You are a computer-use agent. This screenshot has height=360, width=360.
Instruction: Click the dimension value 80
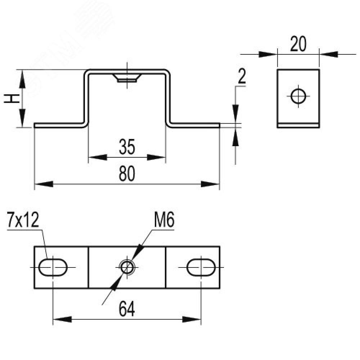[x=127, y=174]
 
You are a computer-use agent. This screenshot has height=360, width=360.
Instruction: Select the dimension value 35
[x=127, y=148]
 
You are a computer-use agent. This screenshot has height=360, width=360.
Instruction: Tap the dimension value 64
[x=127, y=309]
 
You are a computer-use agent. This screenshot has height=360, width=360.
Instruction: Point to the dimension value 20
[x=298, y=44]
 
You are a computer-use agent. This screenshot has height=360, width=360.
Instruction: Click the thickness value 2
[x=242, y=77]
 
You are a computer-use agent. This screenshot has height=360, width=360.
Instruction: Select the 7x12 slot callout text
[x=22, y=220]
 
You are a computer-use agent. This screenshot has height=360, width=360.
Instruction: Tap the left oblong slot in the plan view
[x=53, y=267]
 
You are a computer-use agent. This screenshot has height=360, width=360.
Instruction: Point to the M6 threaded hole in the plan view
[x=127, y=267]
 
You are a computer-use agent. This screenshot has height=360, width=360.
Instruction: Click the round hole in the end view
[x=298, y=96]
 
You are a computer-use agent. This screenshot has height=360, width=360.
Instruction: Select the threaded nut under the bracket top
[x=127, y=78]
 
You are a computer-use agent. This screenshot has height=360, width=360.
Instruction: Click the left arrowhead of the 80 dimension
[x=43, y=184]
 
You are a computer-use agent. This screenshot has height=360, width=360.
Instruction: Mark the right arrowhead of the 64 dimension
[x=192, y=319]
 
